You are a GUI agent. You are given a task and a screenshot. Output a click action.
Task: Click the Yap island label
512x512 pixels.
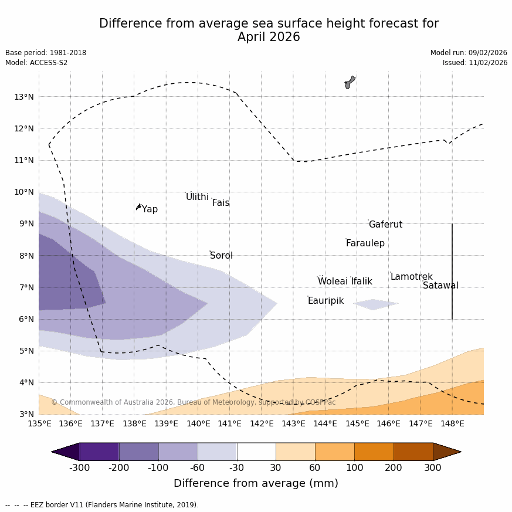click(150, 209)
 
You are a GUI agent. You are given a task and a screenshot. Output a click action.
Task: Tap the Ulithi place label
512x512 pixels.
click(197, 197)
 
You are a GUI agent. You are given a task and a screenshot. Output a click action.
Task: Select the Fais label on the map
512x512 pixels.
click(221, 203)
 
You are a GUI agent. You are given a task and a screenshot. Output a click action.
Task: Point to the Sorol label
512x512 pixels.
click(221, 256)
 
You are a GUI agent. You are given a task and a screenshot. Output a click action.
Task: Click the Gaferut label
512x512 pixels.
click(385, 225)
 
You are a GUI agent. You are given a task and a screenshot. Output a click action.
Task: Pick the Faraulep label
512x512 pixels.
click(365, 243)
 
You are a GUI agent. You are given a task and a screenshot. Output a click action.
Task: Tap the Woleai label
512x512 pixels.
click(333, 282)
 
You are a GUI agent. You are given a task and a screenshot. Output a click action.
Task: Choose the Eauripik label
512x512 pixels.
click(325, 301)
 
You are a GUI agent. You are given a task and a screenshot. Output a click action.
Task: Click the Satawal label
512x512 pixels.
click(440, 286)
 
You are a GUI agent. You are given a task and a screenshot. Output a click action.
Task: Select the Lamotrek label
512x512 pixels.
click(411, 277)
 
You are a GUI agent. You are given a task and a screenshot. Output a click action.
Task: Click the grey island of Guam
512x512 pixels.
click(350, 82)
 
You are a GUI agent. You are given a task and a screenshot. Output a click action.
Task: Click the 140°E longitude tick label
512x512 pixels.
click(198, 423)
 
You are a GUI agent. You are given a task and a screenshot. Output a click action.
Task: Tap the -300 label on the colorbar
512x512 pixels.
click(79, 468)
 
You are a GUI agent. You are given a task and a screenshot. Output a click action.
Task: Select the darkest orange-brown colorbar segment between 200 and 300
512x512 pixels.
click(413, 452)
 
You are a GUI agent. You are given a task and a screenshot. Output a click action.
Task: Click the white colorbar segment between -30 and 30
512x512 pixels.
click(256, 452)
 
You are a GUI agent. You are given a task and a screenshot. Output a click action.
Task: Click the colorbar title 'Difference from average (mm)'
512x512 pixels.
click(256, 484)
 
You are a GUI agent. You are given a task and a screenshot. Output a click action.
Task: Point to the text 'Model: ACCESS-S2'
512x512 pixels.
click(36, 63)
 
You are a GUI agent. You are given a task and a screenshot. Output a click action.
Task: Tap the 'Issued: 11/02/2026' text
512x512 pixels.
click(474, 63)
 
